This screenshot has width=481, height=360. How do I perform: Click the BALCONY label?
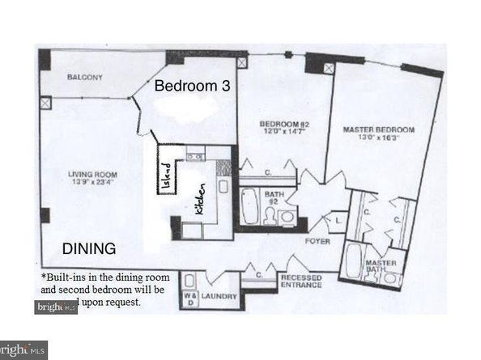84,78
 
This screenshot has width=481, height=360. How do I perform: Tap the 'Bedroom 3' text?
187,85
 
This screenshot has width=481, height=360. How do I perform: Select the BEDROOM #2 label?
278,124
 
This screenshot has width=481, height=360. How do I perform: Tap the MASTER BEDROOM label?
378,129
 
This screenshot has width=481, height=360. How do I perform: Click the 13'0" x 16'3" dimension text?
378,138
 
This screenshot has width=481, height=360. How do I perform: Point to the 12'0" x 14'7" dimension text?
279,133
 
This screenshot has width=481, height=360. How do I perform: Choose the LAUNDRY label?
219,298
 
